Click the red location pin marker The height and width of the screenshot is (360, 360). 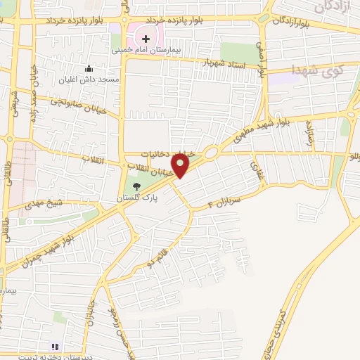point(181,165)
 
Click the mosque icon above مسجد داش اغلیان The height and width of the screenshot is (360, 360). point(89,69)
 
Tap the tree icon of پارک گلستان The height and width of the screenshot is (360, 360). point(136,186)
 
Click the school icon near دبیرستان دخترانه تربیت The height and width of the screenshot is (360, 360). point(56,346)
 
